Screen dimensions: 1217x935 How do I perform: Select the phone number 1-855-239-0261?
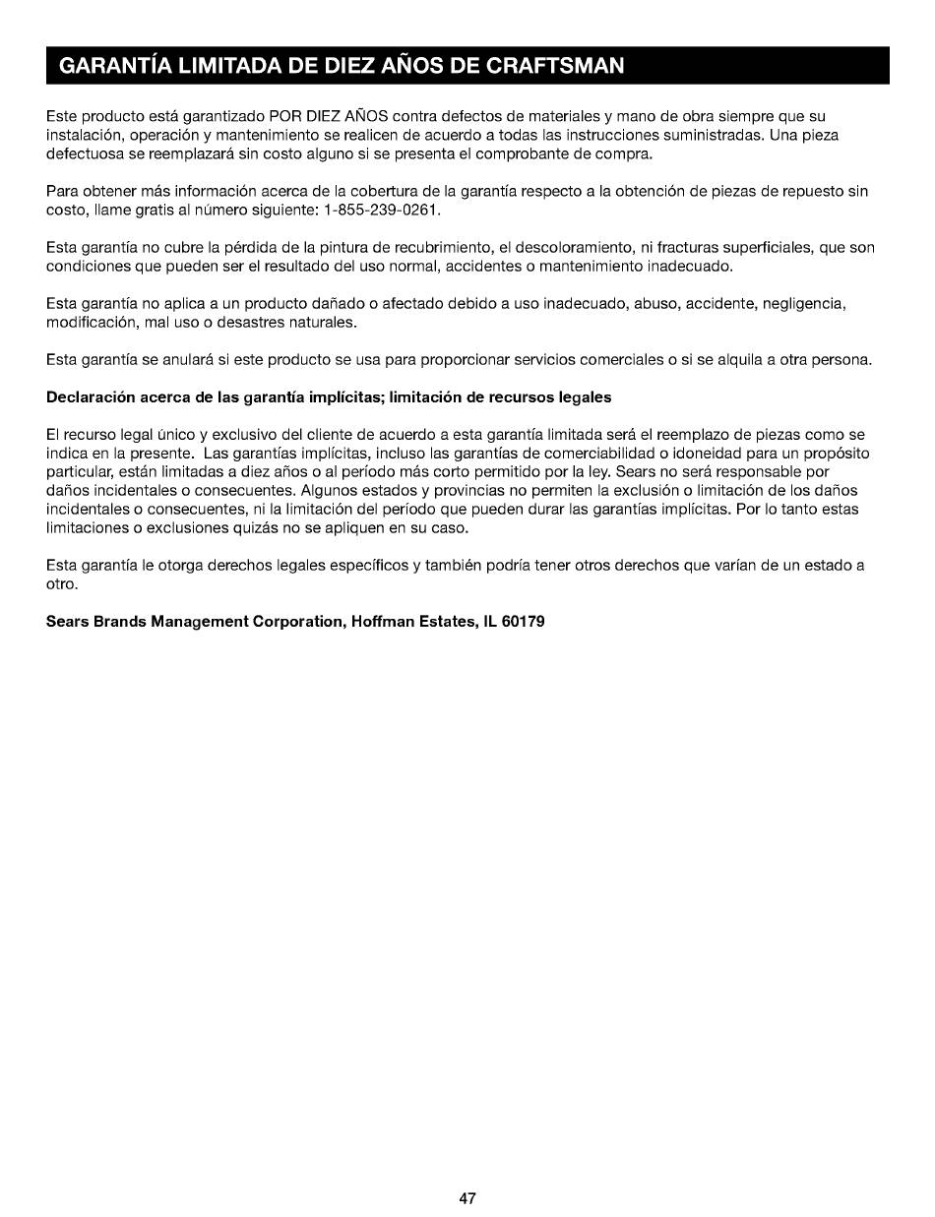[382, 210]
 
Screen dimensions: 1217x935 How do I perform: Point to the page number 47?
[467, 1198]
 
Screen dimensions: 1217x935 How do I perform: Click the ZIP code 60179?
[524, 622]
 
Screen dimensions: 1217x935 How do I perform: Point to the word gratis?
[153, 210]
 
